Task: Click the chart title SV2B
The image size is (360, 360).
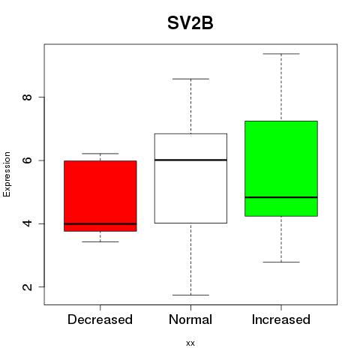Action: coord(190,23)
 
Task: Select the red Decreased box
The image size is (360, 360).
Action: coord(100,196)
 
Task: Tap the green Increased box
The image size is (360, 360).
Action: coord(281,169)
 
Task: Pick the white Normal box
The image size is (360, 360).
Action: coord(190,178)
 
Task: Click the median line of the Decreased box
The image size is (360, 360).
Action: coord(100,223)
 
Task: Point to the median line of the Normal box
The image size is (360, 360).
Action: coord(190,160)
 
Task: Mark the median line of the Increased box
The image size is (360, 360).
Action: coord(281,197)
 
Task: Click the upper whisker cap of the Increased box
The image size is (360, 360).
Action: coord(281,54)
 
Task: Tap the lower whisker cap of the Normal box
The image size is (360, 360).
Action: coord(190,295)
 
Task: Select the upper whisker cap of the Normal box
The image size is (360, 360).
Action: coord(190,79)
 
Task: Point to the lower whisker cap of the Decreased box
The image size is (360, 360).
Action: coord(100,241)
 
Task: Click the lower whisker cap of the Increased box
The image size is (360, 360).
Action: coord(281,262)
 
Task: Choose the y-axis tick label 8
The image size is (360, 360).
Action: coord(27,97)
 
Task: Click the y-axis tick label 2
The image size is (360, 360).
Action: coord(27,286)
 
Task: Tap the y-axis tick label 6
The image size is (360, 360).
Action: coord(27,160)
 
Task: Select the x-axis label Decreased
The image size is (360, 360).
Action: coord(100,319)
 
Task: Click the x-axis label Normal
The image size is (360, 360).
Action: coord(190,319)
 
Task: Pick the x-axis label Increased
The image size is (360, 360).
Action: coord(281,319)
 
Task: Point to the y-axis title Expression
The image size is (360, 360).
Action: coord(7,174)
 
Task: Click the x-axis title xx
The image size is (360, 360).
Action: coord(190,343)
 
